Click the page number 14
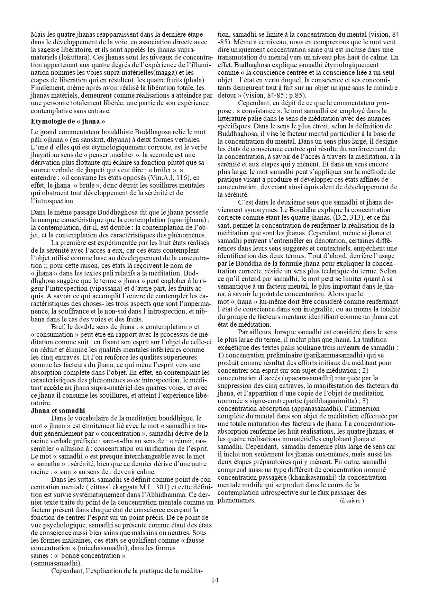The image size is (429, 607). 214,580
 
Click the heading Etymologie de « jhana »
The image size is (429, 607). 68,121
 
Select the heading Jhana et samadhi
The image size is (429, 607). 58,410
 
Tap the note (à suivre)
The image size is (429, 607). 352,501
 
